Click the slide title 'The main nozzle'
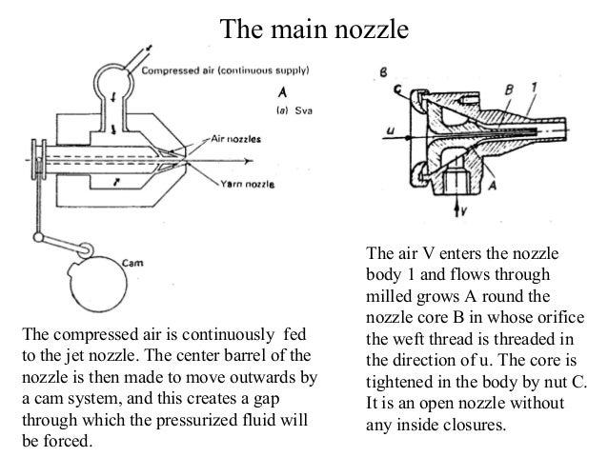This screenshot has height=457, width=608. [x=314, y=29]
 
